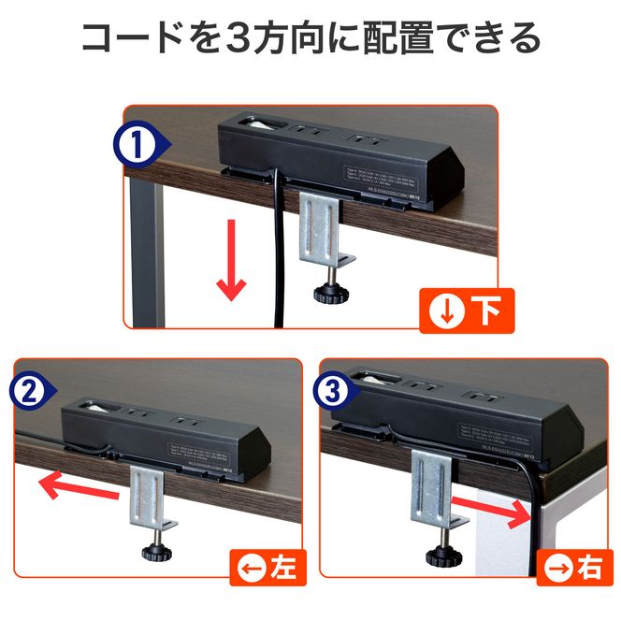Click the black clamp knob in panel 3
tap(444, 556)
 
